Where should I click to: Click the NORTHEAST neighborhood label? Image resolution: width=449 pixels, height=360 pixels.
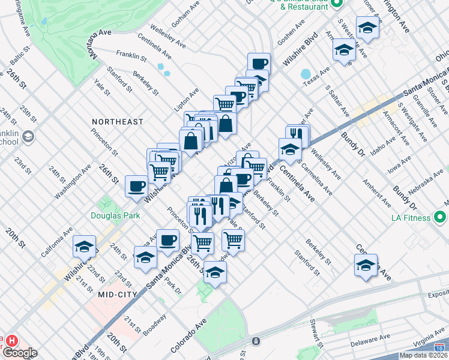coord(118,122)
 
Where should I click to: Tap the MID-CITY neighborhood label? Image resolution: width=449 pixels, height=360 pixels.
coord(118,294)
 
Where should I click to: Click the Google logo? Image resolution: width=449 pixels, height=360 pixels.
coord(19,353)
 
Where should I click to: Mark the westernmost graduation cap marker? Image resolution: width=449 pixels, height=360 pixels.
coord(84,246)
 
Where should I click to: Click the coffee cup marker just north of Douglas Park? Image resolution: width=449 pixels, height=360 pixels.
coord(136,185)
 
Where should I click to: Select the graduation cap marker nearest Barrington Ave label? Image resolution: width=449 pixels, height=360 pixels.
coord(367,28)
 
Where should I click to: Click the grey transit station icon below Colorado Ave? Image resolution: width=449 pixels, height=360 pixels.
coord(256,341)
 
